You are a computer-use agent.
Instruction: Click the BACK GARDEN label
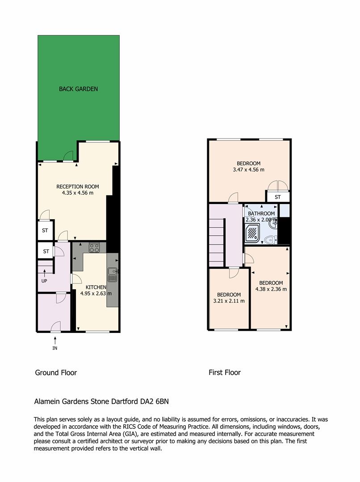[x=78, y=89]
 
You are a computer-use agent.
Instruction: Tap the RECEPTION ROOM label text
[x=78, y=187]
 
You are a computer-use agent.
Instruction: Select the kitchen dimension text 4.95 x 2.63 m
[x=96, y=294]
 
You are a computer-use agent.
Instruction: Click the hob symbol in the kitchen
[x=94, y=247]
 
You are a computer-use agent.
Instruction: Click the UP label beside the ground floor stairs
[x=44, y=281]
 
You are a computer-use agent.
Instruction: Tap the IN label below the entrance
[x=54, y=348]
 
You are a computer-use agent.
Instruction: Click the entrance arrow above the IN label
[x=54, y=340]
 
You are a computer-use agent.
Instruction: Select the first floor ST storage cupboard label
[x=277, y=197]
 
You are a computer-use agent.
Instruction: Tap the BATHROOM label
[x=261, y=214]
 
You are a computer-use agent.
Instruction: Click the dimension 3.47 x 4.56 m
[x=248, y=170]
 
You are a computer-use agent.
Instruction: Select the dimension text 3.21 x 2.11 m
[x=229, y=301]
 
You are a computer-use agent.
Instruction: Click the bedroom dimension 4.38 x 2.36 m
[x=271, y=289]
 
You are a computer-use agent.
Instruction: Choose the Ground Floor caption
[x=56, y=373]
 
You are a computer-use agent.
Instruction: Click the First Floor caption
[x=225, y=373]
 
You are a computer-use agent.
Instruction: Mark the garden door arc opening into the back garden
[x=68, y=155]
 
